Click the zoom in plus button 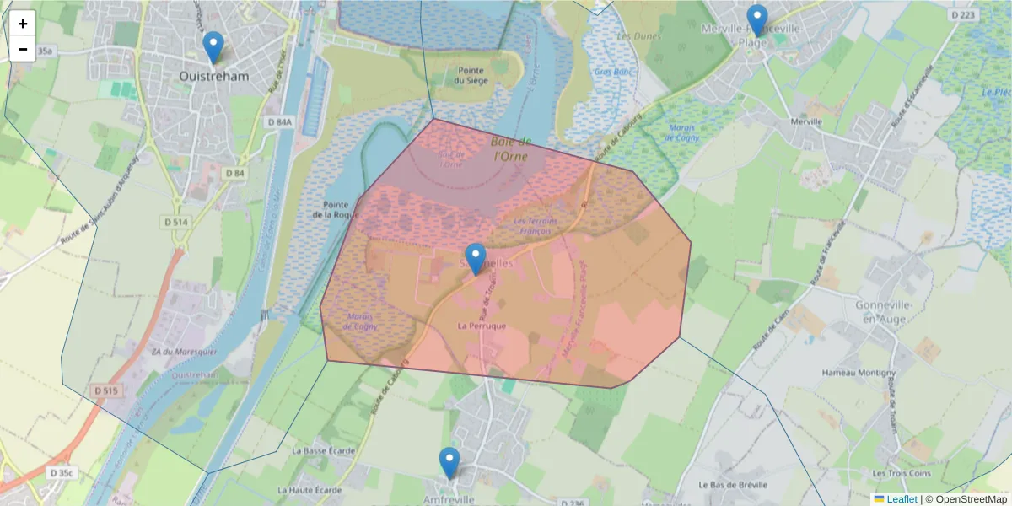(x=23, y=24)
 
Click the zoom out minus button (x=23, y=49)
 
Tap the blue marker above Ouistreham (x=213, y=47)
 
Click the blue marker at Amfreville (x=449, y=463)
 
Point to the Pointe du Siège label (x=471, y=76)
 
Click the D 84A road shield (x=279, y=123)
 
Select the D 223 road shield (x=961, y=15)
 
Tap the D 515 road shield (x=107, y=390)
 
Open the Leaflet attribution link (x=902, y=499)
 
